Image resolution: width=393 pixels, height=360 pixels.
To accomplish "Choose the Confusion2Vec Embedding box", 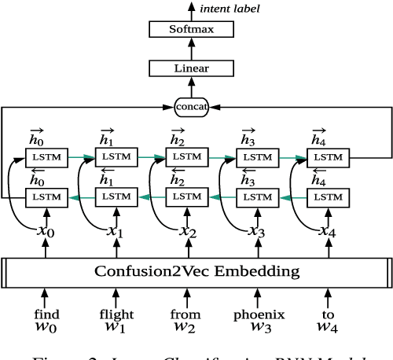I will pyautogui.click(x=196, y=273).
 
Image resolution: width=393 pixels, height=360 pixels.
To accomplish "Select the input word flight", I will pyautogui.click(x=116, y=314).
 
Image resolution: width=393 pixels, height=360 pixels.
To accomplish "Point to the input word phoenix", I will pyautogui.click(x=257, y=314).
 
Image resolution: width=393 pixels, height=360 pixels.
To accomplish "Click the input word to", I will pyautogui.click(x=328, y=314).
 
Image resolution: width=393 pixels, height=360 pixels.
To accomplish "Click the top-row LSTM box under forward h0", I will pyautogui.click(x=45, y=158).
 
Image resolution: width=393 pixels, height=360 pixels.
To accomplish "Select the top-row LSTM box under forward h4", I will pyautogui.click(x=328, y=158).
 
